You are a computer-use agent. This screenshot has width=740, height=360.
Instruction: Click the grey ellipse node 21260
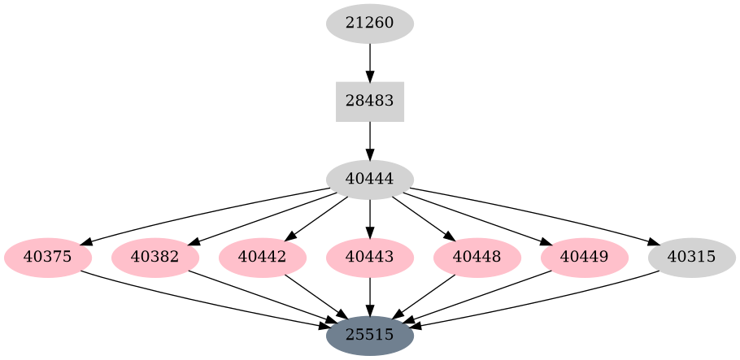click(x=369, y=23)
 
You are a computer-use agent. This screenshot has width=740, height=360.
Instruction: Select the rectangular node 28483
click(x=369, y=102)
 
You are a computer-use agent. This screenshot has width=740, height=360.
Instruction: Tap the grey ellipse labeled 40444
click(x=369, y=180)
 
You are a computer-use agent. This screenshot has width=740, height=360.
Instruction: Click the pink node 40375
click(x=48, y=258)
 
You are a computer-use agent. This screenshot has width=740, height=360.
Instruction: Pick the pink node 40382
click(x=155, y=258)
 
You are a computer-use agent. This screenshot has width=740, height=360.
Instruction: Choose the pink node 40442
click(x=263, y=258)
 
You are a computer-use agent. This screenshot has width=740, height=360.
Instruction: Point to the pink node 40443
click(x=369, y=258)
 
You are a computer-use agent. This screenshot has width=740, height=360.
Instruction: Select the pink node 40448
click(x=477, y=258)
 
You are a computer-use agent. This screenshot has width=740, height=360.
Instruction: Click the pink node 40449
click(x=585, y=258)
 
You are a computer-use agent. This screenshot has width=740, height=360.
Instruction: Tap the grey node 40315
click(x=691, y=258)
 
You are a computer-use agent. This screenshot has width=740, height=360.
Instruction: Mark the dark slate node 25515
click(x=369, y=335)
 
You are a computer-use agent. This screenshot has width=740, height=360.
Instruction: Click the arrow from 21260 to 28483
click(x=369, y=62)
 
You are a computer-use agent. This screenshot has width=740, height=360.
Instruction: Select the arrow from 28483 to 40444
click(x=369, y=141)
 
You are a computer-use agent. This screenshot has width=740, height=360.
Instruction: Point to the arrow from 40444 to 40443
click(x=369, y=218)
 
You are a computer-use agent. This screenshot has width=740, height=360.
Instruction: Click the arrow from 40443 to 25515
click(x=369, y=296)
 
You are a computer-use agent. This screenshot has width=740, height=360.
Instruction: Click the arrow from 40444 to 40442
click(x=317, y=218)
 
